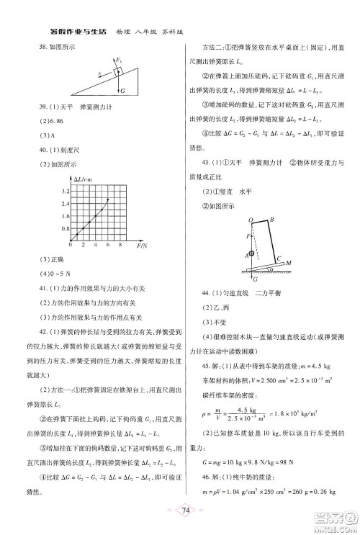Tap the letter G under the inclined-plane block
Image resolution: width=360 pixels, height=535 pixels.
123,91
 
